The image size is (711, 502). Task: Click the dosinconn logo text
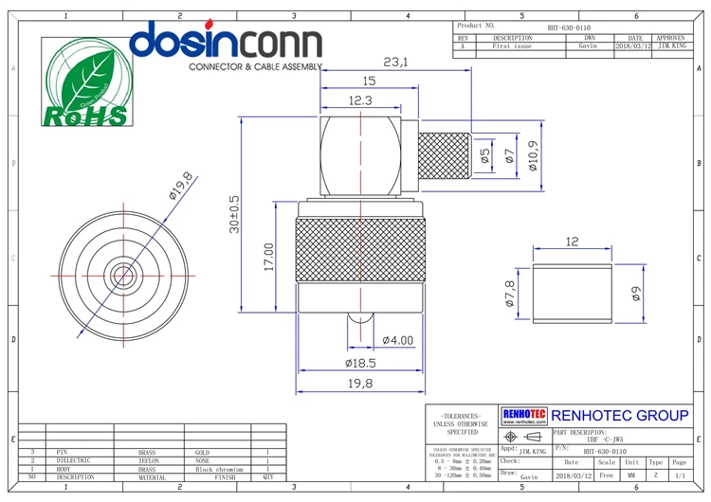[225, 43]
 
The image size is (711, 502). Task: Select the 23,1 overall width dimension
[395, 63]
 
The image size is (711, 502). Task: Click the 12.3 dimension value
[360, 100]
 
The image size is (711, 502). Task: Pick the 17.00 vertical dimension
[268, 257]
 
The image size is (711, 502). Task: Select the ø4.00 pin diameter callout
[397, 340]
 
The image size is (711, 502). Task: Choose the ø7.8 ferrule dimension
[509, 295]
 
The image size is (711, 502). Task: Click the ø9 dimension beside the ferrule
[636, 295]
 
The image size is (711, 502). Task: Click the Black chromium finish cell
[219, 469]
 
